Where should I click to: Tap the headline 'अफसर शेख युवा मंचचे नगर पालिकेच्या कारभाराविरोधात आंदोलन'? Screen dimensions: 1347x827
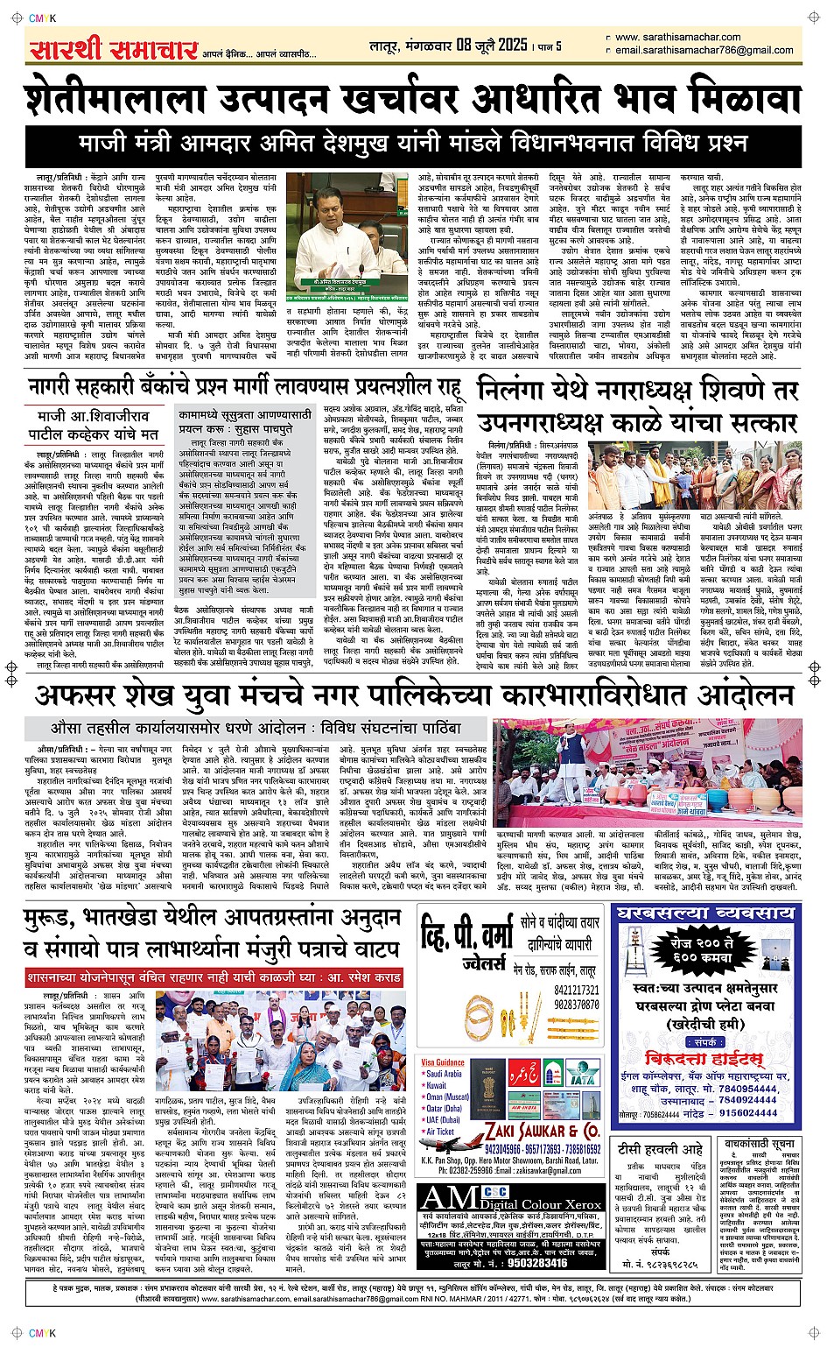click(413, 696)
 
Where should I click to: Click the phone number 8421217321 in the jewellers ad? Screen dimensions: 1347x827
click(576, 991)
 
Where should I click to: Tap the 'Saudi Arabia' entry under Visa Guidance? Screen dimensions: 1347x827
click(444, 1074)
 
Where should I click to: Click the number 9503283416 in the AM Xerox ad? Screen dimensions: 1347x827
click(526, 1263)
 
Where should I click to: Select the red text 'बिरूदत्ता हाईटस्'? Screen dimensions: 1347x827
click(703, 1057)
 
